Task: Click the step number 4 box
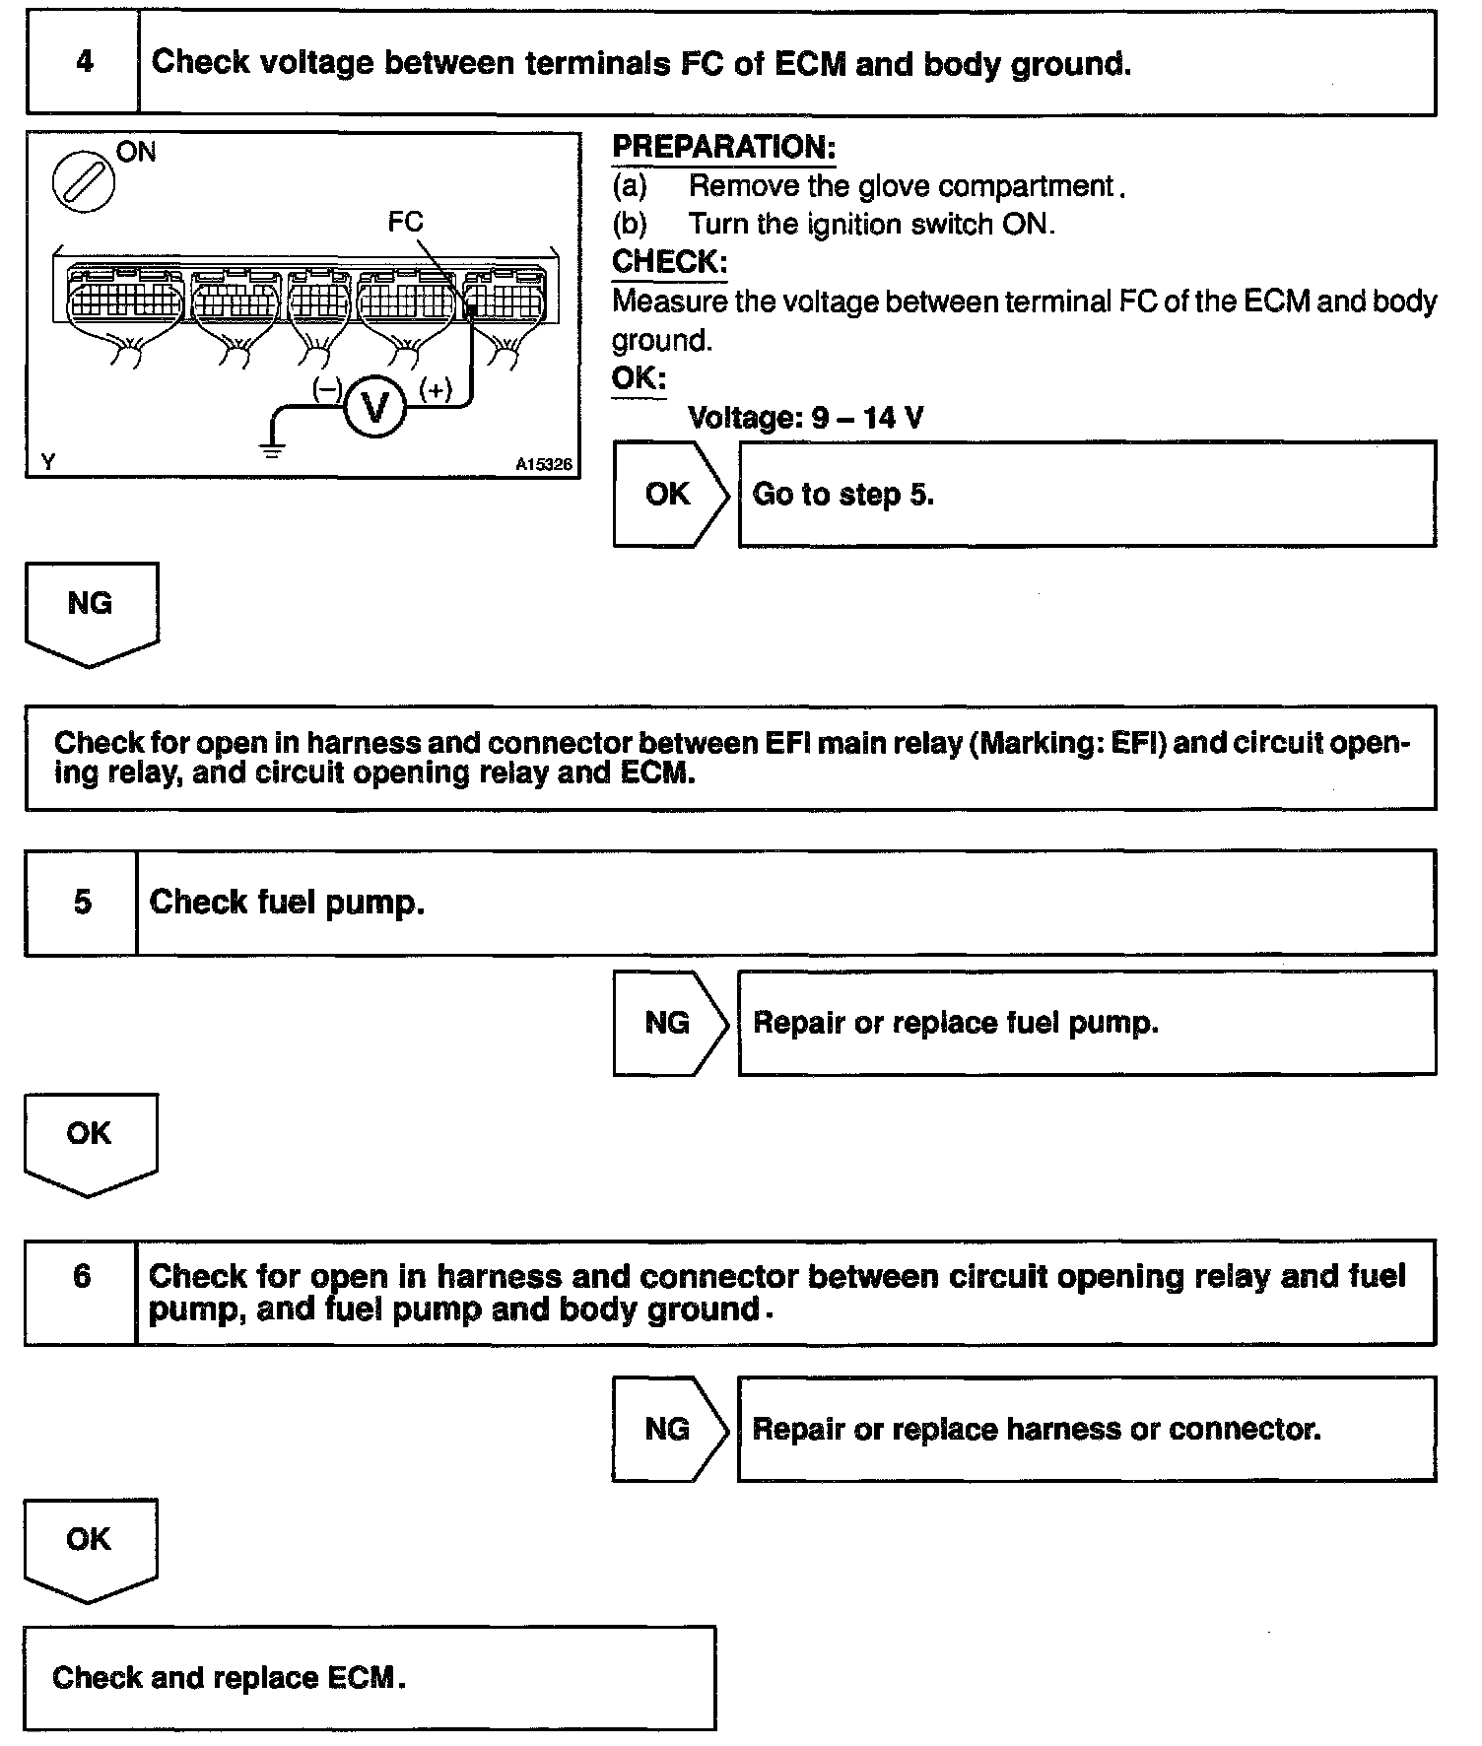pos(84,63)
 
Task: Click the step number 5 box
pos(82,903)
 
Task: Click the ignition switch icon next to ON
pos(84,183)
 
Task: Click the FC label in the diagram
pos(405,222)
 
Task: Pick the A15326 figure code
pos(543,464)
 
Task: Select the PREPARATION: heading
pos(723,148)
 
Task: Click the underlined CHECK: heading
pos(669,262)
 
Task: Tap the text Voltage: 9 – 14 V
pos(805,418)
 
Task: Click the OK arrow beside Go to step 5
pos(669,494)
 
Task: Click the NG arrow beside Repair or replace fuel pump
pos(669,1023)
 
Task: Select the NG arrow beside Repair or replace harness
pos(668,1429)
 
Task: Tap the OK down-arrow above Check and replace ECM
pos(90,1545)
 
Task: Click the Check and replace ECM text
pos(229,1677)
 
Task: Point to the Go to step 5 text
pos(842,494)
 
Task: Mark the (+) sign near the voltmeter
pos(436,390)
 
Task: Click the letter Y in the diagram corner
pos(47,461)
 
